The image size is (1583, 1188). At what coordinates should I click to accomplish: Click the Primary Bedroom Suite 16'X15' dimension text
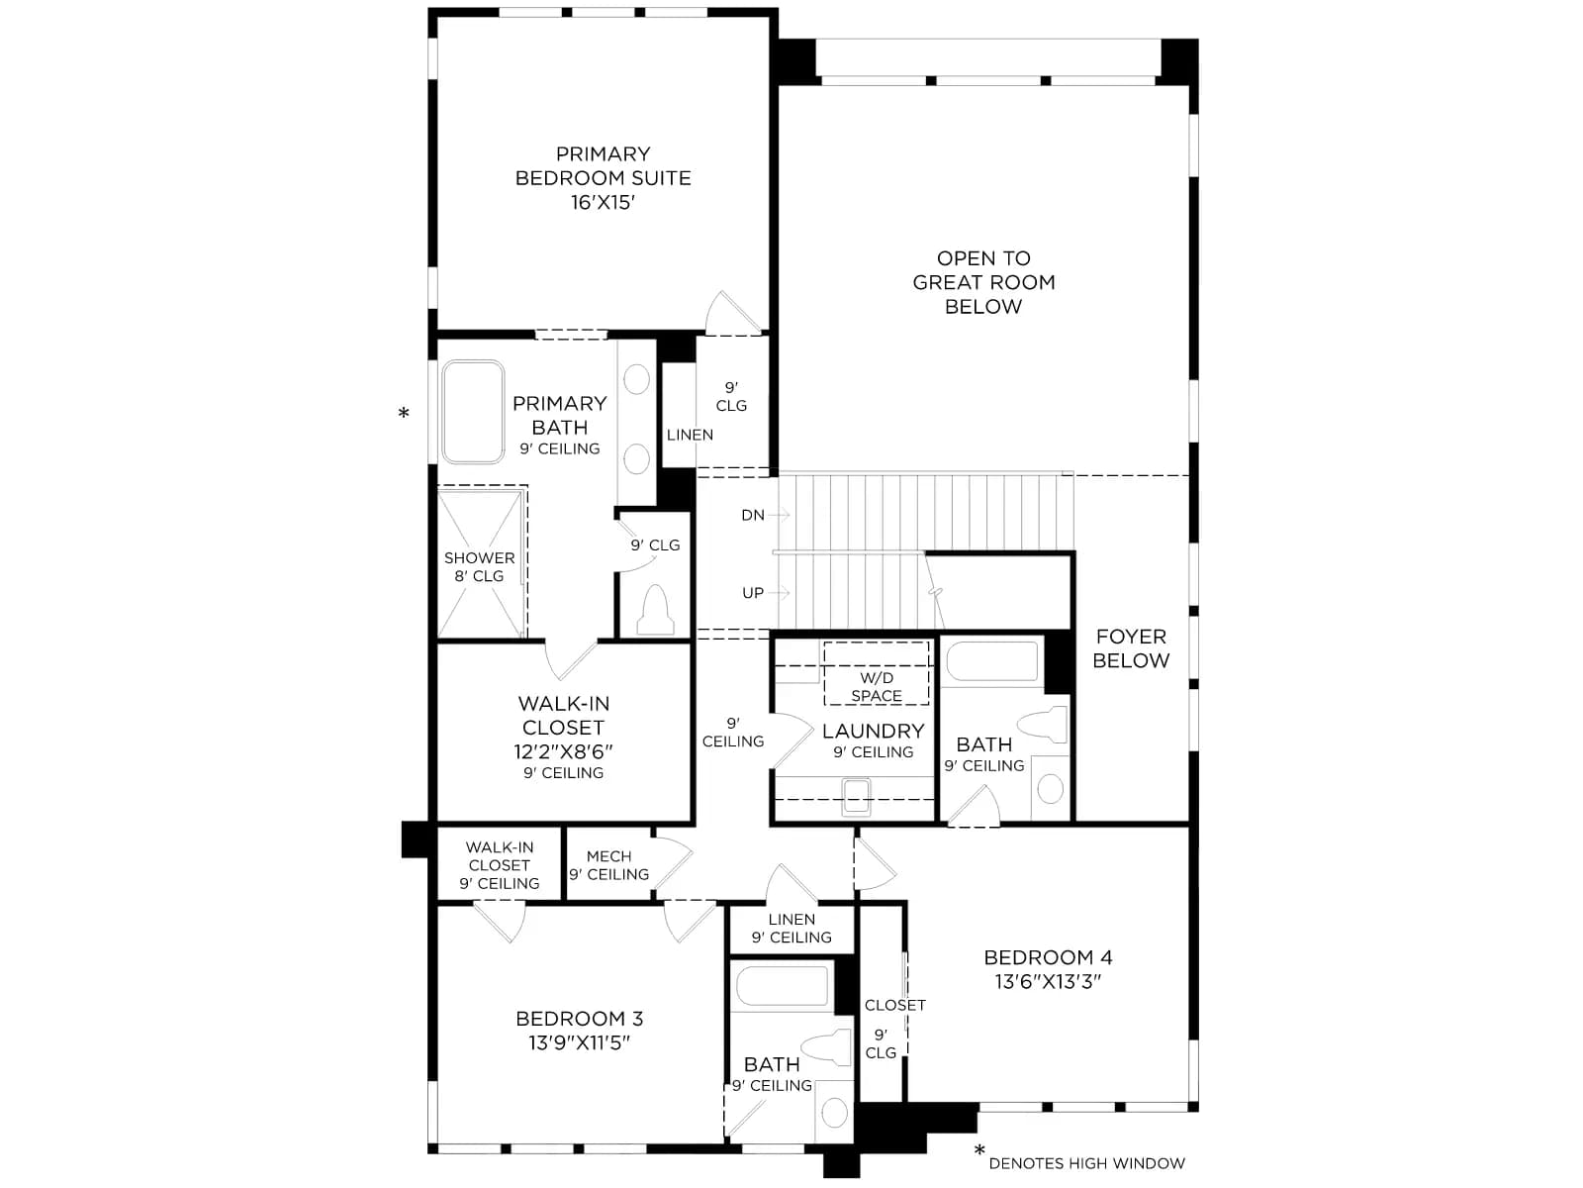[603, 203]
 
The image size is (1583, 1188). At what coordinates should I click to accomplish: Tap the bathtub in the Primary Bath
[472, 412]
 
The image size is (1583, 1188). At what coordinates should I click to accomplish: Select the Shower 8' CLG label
[480, 567]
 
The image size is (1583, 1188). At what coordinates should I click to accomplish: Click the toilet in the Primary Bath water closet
[655, 610]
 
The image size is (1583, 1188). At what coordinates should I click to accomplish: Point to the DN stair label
[753, 515]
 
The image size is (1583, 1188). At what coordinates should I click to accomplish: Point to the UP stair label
[753, 593]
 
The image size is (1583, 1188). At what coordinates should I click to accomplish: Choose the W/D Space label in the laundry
[877, 687]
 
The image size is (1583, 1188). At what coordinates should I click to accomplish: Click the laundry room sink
[856, 796]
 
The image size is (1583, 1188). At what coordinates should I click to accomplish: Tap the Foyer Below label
[1131, 648]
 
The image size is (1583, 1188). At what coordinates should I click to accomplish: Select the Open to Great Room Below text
[983, 282]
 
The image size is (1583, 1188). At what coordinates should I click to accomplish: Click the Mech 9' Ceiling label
[608, 865]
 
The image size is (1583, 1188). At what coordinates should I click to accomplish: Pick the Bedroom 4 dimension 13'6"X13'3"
[1048, 982]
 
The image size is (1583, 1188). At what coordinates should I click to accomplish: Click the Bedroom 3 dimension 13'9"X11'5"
[579, 1043]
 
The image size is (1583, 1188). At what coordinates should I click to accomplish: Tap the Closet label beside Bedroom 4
[895, 1005]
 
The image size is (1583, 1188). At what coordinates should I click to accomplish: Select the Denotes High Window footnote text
[1086, 1163]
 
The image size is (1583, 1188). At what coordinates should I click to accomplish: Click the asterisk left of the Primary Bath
[404, 413]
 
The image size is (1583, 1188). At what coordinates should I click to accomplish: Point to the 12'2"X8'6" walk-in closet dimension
[563, 751]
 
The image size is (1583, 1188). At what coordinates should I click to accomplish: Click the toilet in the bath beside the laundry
[1042, 725]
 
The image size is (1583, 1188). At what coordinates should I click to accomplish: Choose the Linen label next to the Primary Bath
[690, 435]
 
